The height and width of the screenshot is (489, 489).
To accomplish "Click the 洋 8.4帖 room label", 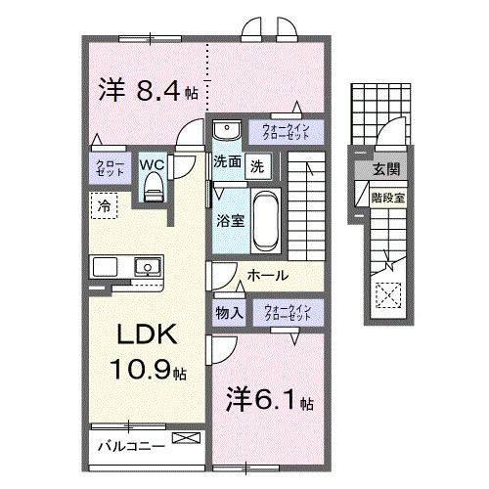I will (x=148, y=92).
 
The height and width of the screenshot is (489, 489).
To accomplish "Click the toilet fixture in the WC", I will (x=152, y=190).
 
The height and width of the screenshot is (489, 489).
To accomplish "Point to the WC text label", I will (x=152, y=164).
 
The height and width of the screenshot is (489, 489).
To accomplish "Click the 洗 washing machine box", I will (x=257, y=165).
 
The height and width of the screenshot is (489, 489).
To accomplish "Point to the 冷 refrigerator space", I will (x=103, y=205).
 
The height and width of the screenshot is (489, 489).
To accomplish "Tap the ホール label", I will (x=266, y=277).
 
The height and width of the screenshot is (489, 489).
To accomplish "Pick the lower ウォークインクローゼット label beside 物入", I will (x=286, y=313).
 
